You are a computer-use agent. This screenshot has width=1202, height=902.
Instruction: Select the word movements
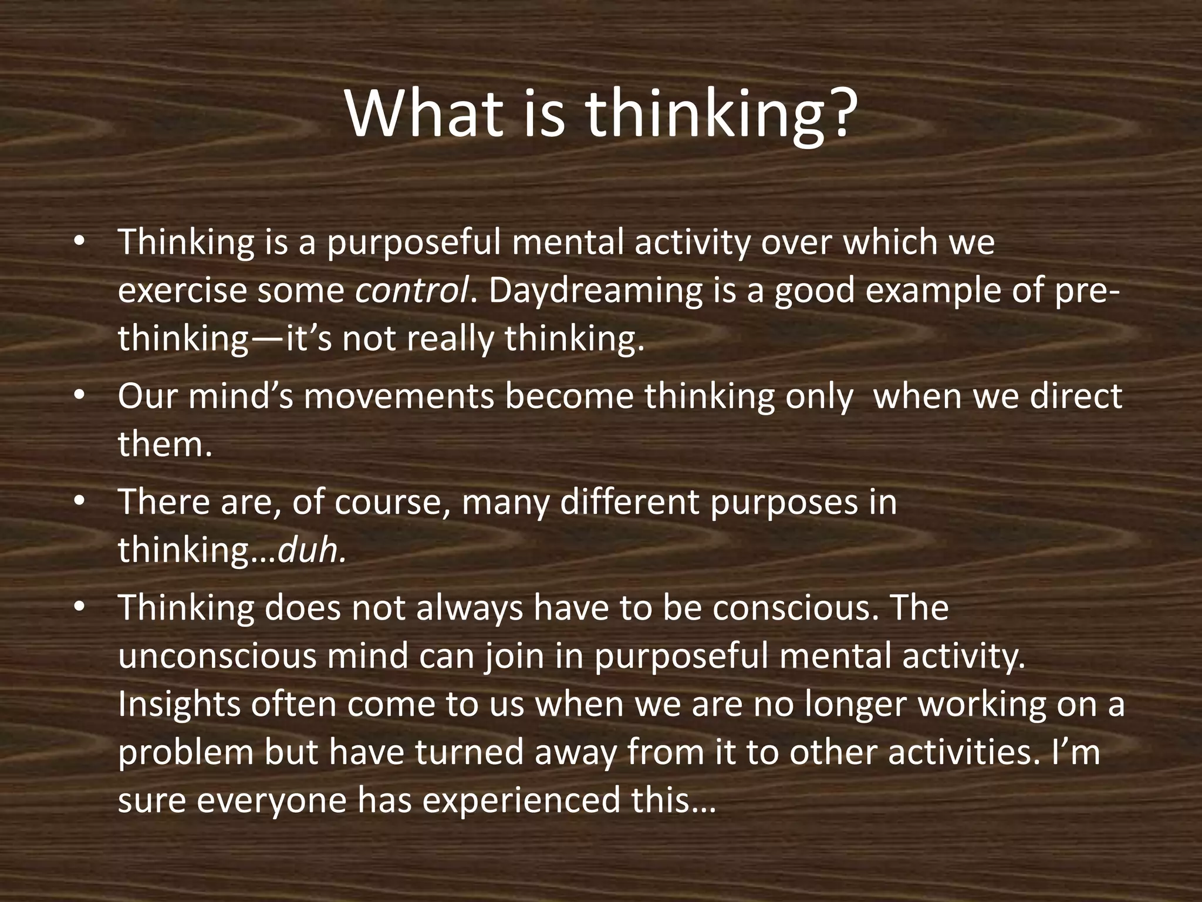pyautogui.click(x=399, y=396)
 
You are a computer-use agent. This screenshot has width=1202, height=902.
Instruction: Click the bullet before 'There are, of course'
pyautogui.click(x=80, y=502)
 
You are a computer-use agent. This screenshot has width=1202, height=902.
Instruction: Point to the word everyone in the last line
pyautogui.click(x=271, y=800)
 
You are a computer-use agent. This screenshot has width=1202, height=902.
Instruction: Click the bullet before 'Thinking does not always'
pyautogui.click(x=80, y=608)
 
